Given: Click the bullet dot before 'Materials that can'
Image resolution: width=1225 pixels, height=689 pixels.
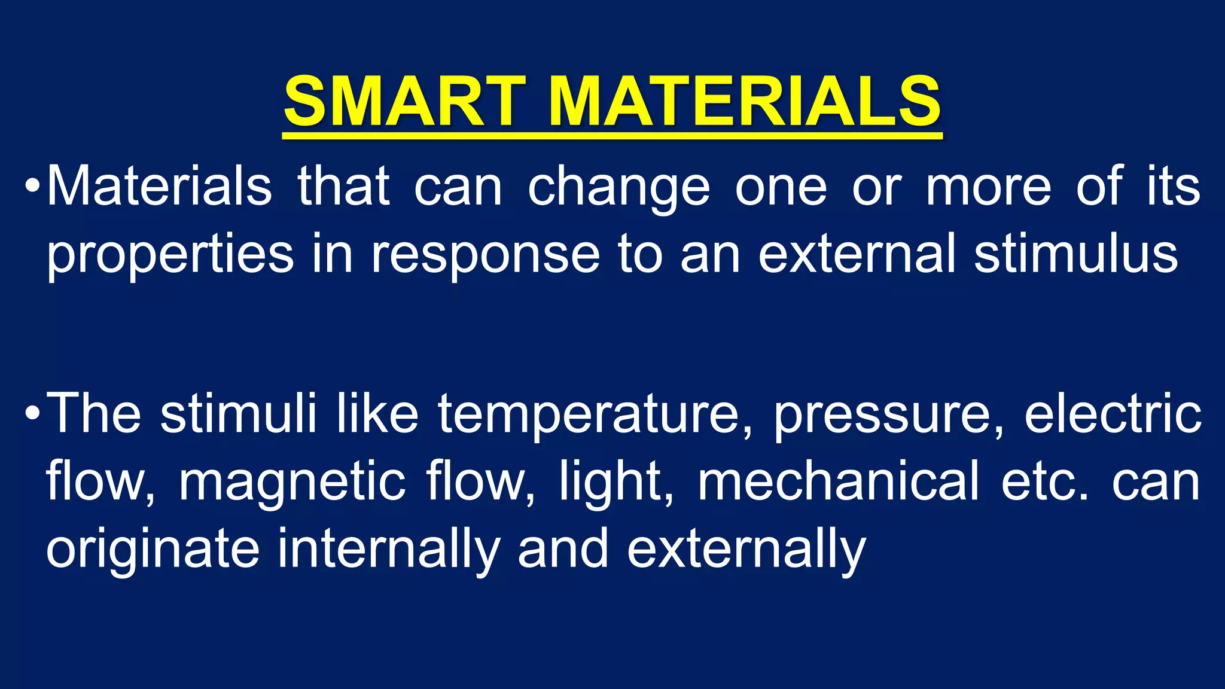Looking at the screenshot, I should click(32, 186).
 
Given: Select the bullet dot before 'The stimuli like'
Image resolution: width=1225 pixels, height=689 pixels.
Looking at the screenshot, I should click(32, 412).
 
